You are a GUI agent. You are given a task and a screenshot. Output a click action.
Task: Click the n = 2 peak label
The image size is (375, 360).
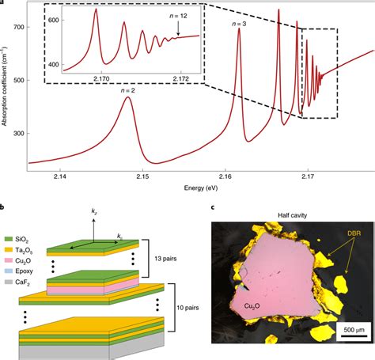pos(129,90)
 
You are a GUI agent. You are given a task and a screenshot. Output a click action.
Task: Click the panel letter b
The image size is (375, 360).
pos(4,207)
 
